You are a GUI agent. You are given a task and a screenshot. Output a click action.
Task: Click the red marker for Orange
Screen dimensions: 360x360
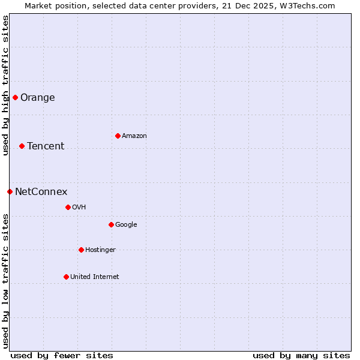click(15, 97)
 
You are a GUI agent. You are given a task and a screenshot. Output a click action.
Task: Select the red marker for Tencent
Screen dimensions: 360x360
click(22, 146)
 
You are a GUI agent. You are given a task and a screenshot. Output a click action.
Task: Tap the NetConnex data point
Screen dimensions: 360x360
click(10, 191)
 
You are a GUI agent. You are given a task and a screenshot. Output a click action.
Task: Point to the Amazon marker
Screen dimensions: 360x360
click(118, 136)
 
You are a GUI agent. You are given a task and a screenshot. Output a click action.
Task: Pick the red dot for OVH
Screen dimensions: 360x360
click(68, 207)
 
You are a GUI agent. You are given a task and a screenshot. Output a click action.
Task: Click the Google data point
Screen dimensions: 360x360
click(111, 224)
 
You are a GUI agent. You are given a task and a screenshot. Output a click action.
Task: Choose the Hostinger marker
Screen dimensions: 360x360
click(81, 250)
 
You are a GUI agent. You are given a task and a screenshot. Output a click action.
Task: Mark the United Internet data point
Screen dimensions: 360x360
click(66, 277)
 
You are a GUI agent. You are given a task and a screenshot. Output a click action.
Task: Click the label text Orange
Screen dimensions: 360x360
click(37, 98)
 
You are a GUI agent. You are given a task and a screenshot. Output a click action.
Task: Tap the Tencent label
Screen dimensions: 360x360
click(46, 146)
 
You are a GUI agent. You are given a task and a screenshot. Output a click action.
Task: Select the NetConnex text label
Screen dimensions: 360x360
click(41, 192)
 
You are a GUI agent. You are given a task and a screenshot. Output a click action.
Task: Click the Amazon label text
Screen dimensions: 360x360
click(134, 136)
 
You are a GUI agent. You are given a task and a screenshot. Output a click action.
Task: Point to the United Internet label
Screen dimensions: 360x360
click(94, 277)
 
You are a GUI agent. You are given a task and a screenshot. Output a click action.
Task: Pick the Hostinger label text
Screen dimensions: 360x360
click(100, 250)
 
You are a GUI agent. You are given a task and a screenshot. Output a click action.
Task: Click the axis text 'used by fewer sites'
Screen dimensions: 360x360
click(62, 355)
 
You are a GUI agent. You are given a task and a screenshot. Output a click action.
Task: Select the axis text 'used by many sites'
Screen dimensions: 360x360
click(301, 355)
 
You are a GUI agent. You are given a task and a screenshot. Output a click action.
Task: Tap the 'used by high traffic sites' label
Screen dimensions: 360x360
click(5, 85)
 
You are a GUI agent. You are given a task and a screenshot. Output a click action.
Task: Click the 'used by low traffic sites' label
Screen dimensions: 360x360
click(5, 281)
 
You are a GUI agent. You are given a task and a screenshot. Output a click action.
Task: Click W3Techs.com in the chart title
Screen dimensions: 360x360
click(310, 6)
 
